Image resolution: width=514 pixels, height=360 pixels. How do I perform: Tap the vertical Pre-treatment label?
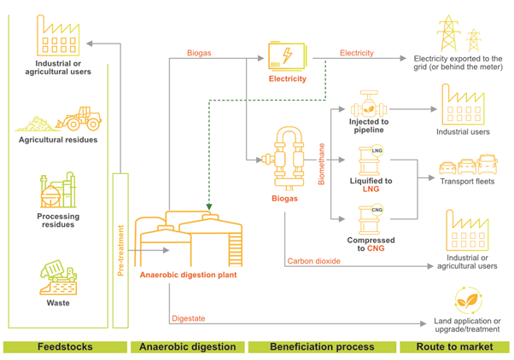[x=120, y=250]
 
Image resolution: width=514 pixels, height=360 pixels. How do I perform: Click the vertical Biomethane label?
[x=322, y=165]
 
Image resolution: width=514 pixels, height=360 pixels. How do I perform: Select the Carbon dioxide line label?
[x=313, y=260]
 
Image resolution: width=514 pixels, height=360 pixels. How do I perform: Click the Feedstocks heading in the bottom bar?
[x=64, y=347]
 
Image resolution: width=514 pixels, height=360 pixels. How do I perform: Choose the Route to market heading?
[x=455, y=347]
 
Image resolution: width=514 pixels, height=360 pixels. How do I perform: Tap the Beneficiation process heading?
[x=321, y=347]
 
